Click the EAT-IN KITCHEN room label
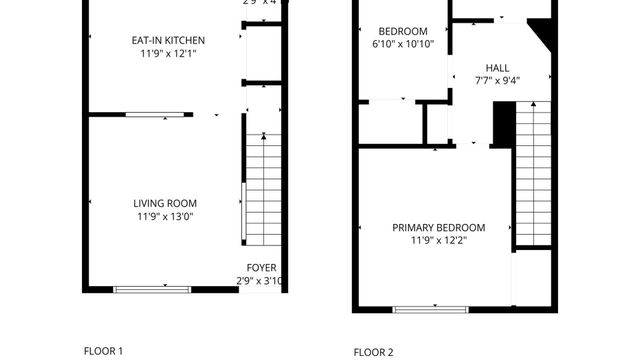point(168,40)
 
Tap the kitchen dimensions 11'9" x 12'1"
point(168,53)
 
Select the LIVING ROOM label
point(167,203)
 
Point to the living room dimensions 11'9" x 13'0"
point(167,216)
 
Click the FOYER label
point(262,268)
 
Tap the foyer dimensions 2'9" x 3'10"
point(262,281)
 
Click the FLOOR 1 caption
point(103,351)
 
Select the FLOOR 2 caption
point(374,352)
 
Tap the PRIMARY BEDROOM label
point(438,227)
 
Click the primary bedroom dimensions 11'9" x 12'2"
point(438,240)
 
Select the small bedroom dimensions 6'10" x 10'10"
point(402,45)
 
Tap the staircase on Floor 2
point(533,170)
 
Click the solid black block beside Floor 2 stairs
point(503,124)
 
